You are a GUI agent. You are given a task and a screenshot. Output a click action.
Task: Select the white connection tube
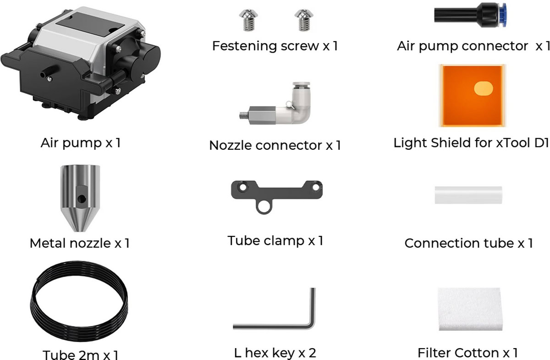click(x=468, y=195)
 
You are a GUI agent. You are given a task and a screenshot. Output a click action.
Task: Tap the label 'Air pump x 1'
click(x=81, y=143)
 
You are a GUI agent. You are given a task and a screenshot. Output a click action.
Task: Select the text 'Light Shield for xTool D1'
click(x=471, y=143)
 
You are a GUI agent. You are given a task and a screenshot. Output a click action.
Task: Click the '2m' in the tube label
click(x=87, y=355)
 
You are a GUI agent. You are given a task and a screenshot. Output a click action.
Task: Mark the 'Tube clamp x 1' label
click(x=275, y=240)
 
